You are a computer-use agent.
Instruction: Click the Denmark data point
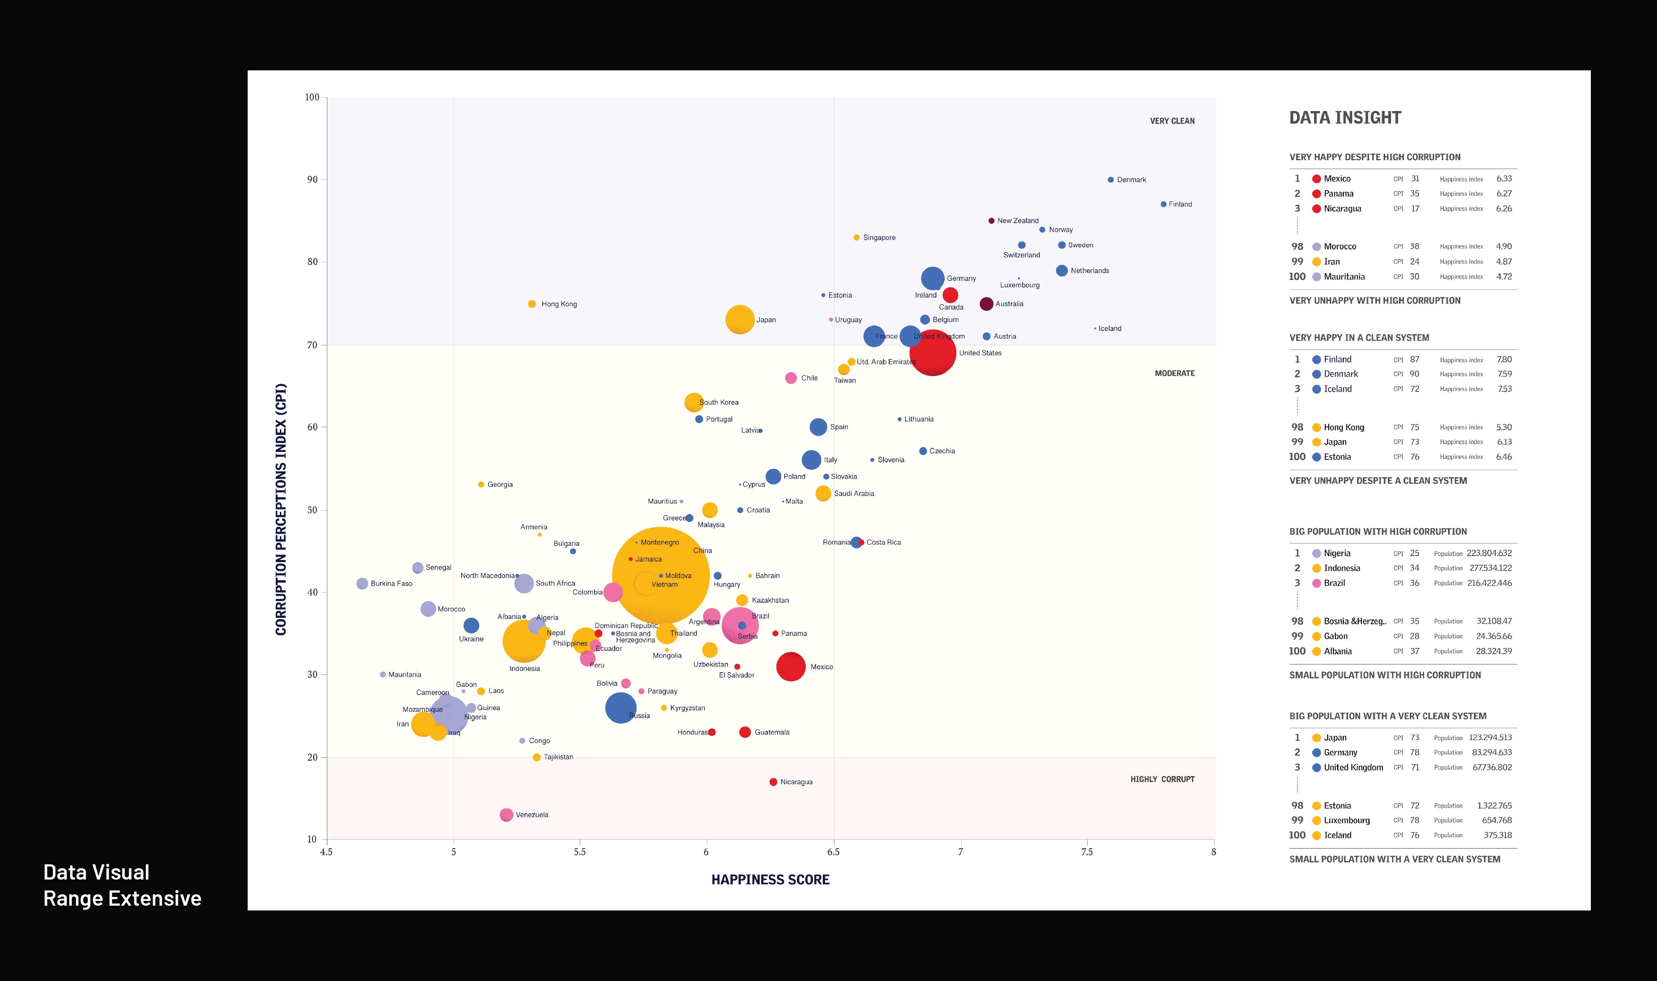[1111, 180]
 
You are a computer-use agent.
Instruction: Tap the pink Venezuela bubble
[506, 814]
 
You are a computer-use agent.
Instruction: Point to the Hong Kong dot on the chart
[532, 304]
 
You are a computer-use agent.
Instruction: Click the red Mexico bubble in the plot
[790, 666]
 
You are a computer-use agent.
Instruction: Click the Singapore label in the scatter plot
[879, 237]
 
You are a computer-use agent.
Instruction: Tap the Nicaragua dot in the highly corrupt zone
[773, 782]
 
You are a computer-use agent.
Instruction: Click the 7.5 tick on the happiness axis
[1087, 852]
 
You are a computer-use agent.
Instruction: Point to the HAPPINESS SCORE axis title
[770, 880]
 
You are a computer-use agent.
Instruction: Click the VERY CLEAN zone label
[1172, 121]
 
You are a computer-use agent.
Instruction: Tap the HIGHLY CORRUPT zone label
[1162, 779]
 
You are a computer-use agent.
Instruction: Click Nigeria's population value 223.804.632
[1489, 553]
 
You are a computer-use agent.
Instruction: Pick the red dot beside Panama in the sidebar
[1316, 194]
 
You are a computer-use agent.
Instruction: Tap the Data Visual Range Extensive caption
[122, 885]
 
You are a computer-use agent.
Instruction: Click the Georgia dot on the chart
[481, 485]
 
